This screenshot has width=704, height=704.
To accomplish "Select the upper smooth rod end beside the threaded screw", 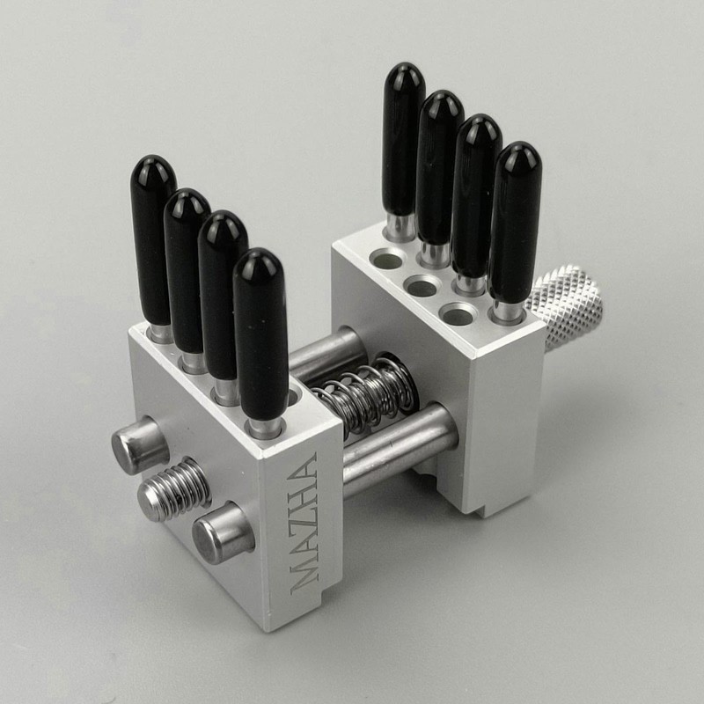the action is pos(140,445).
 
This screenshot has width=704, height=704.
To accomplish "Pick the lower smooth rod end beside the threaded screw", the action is pos(223,532).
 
